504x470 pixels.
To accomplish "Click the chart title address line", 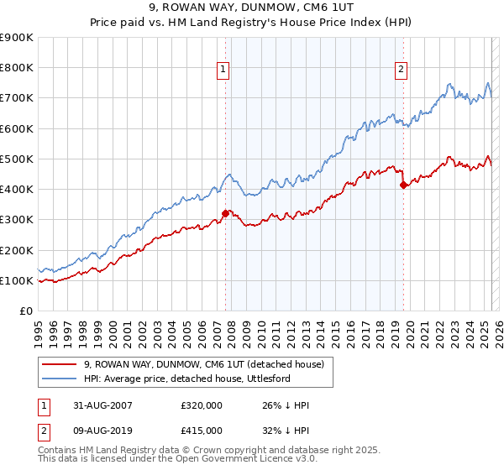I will (251, 9).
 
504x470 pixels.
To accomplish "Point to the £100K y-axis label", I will (17, 281).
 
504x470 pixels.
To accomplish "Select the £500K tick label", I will (17, 159).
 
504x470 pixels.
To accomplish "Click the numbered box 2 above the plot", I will (402, 70).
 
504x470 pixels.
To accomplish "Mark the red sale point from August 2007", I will (225, 214).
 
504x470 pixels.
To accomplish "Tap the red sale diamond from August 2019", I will (403, 185).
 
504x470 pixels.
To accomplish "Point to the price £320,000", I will (202, 406).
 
